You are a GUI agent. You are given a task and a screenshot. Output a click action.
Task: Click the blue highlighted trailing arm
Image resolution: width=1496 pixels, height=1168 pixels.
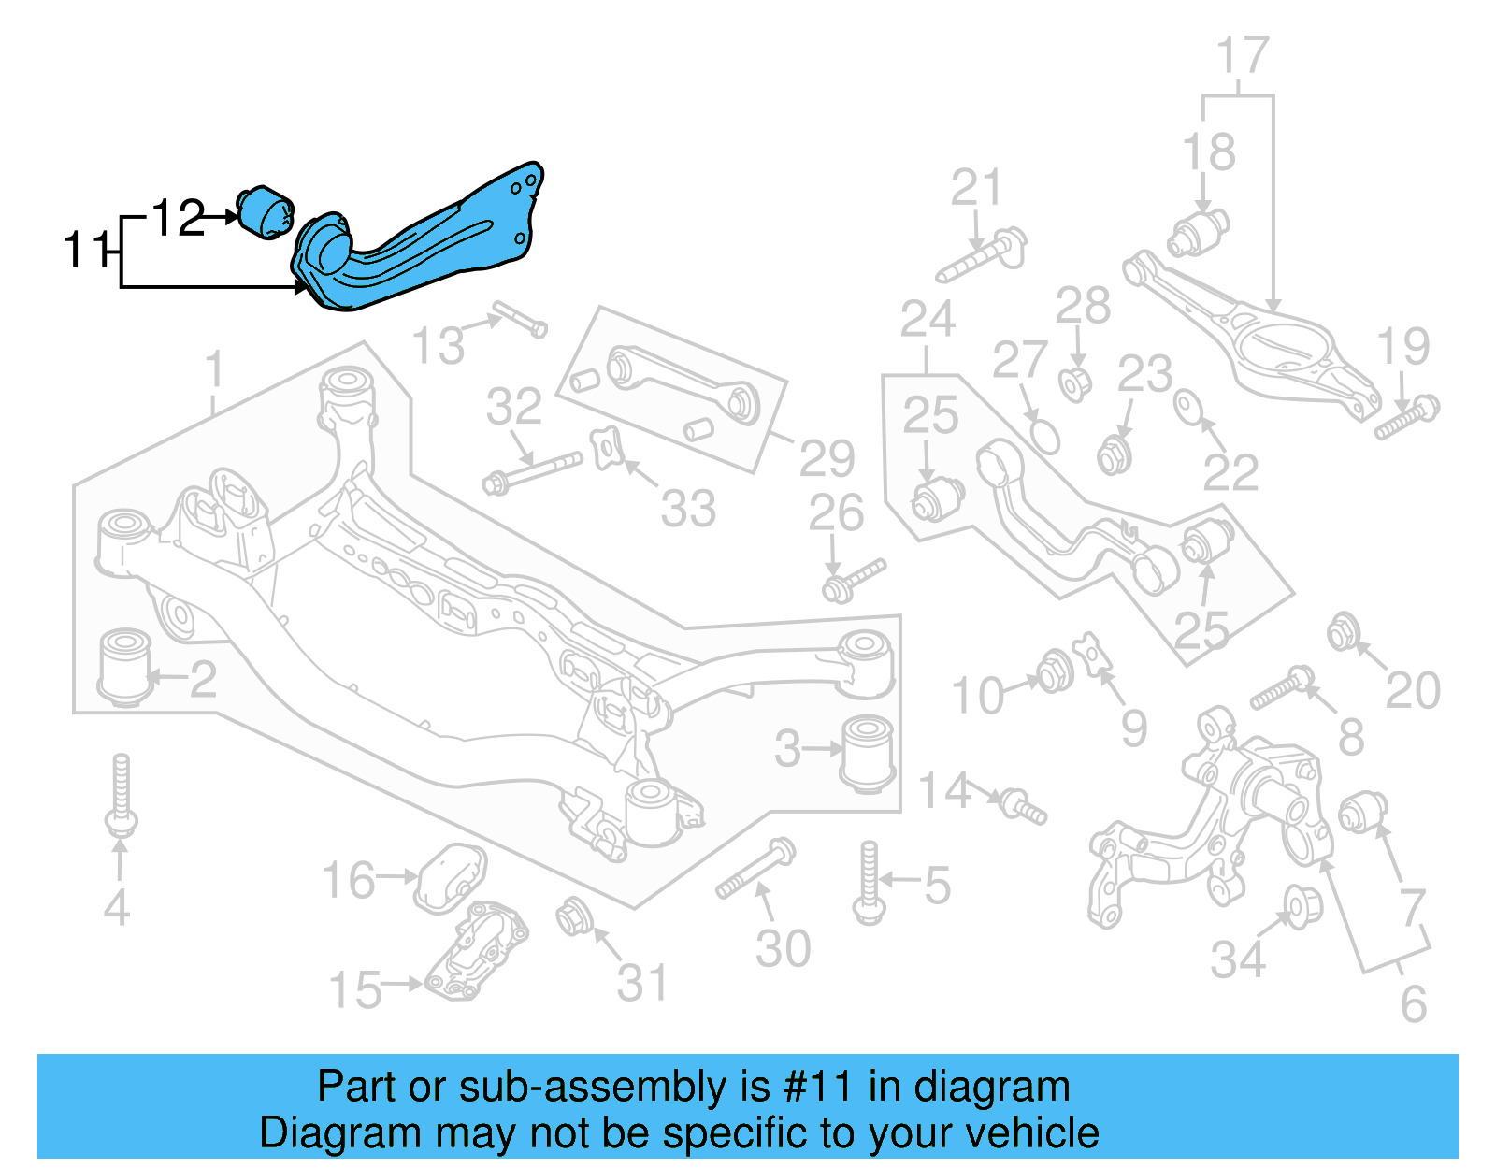click(x=421, y=243)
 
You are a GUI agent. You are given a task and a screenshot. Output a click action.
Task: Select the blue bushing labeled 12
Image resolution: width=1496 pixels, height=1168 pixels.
click(x=266, y=211)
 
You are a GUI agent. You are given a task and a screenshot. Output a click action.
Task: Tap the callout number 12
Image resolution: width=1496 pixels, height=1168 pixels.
click(x=178, y=219)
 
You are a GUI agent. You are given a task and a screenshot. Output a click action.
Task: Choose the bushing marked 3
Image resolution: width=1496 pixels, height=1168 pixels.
click(x=869, y=754)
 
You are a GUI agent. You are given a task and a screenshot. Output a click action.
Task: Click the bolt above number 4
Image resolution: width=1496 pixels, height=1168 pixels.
click(x=121, y=795)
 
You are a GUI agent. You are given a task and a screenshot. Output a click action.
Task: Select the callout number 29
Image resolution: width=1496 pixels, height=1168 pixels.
click(x=827, y=458)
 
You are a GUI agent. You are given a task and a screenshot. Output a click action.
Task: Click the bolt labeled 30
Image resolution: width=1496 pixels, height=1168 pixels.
click(x=755, y=868)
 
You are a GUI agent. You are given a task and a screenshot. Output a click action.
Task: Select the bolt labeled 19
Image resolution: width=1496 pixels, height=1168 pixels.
click(x=1407, y=418)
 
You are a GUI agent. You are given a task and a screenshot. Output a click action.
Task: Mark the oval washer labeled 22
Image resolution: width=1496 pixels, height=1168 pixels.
click(x=1188, y=407)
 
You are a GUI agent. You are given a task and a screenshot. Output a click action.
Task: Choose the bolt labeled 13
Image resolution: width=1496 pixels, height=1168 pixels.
click(x=519, y=318)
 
